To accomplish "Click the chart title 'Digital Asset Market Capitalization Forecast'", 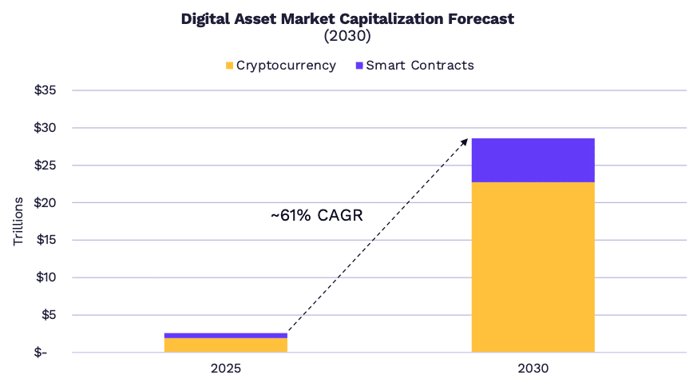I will point(347,18).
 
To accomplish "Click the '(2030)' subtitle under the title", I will point(347,36).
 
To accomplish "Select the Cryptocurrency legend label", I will point(286,66).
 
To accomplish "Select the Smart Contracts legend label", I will point(419,66).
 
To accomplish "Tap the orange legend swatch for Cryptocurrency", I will point(230,66).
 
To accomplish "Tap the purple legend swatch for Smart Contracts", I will point(359,66).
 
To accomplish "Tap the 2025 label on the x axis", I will point(226,369).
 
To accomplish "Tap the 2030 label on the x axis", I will point(533,369).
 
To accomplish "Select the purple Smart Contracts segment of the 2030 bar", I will point(533,160).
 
